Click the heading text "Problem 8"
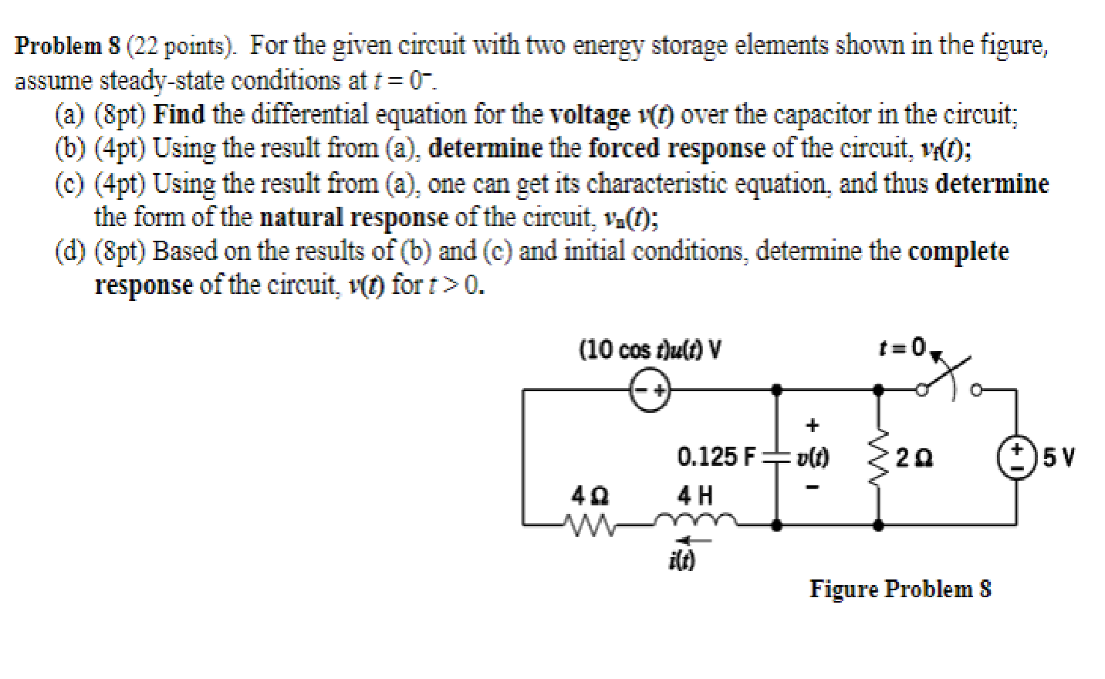pos(68,46)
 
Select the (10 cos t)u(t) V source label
pos(650,350)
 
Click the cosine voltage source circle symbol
pos(650,391)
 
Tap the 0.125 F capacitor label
pos(717,457)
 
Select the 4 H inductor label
pos(695,494)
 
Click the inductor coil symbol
pos(697,522)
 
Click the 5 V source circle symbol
pos(1016,455)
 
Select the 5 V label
pos(1058,458)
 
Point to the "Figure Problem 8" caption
pos(900,589)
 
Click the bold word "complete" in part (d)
pos(958,252)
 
